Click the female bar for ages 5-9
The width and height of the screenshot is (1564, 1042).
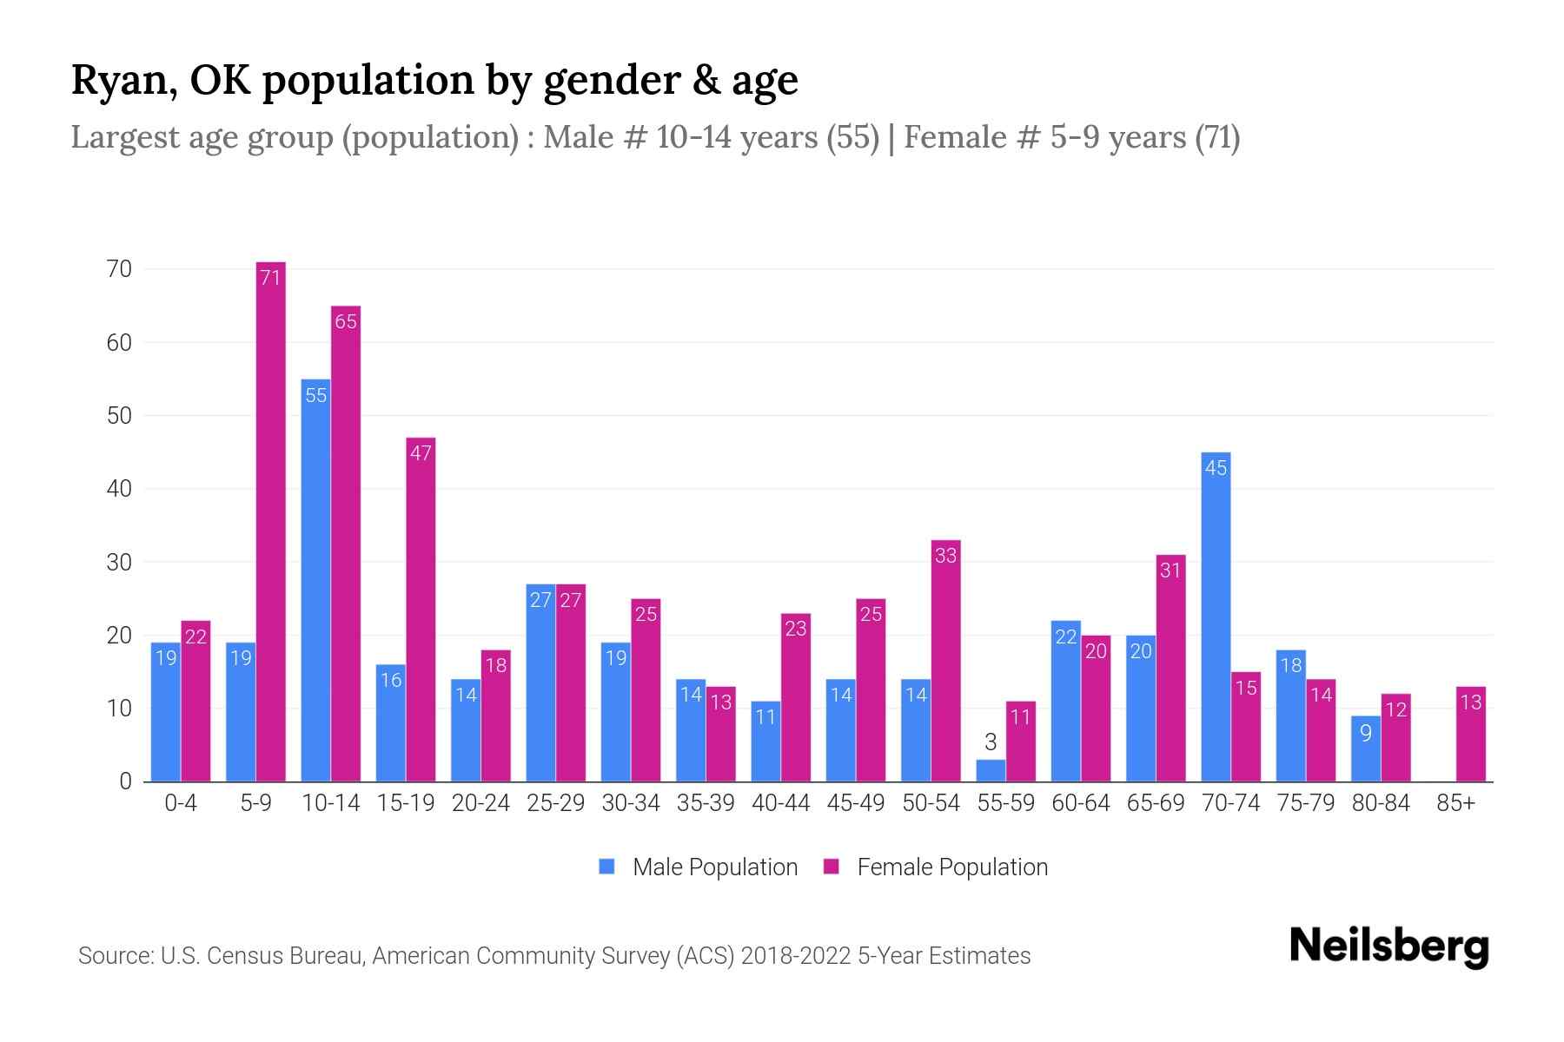tap(271, 521)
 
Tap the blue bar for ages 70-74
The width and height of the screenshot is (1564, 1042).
tap(1216, 617)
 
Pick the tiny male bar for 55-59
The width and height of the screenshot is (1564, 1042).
tap(991, 771)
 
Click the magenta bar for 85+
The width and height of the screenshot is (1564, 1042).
tap(1471, 735)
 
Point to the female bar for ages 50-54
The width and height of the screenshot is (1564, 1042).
tap(945, 660)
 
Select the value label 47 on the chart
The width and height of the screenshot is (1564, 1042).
tap(421, 453)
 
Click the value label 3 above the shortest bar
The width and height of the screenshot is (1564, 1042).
tap(991, 742)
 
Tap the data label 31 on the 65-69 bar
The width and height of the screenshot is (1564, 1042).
tap(1170, 570)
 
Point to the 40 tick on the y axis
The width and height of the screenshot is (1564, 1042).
tap(120, 489)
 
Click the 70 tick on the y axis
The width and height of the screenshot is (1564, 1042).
tap(120, 269)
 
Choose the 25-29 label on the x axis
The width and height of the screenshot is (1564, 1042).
tap(556, 803)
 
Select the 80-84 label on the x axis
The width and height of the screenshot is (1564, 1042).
tap(1381, 803)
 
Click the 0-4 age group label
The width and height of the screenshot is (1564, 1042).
tap(181, 803)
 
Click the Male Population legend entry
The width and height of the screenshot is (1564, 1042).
tap(699, 867)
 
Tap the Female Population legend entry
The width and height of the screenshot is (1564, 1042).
tap(937, 867)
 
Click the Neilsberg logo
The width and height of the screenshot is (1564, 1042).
tap(1388, 946)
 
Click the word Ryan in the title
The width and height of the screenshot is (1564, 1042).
tap(120, 81)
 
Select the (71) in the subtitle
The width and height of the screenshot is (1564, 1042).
tap(1216, 137)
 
